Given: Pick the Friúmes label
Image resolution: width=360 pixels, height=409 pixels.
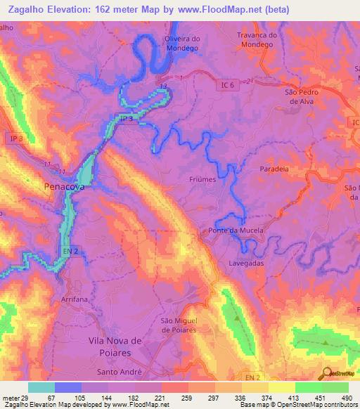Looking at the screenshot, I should [x=202, y=179].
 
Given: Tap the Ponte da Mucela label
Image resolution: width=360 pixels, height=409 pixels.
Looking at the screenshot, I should [x=236, y=231].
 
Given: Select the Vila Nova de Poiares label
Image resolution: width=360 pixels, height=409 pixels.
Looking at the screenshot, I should [x=115, y=346].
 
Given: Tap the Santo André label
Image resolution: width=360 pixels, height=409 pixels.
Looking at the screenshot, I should [x=119, y=372].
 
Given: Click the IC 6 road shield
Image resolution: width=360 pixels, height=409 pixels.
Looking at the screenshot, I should [x=224, y=84].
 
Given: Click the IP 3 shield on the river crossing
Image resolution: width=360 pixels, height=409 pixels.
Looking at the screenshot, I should [x=125, y=119].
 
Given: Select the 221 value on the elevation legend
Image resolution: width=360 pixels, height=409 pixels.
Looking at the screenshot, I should [x=160, y=397].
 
